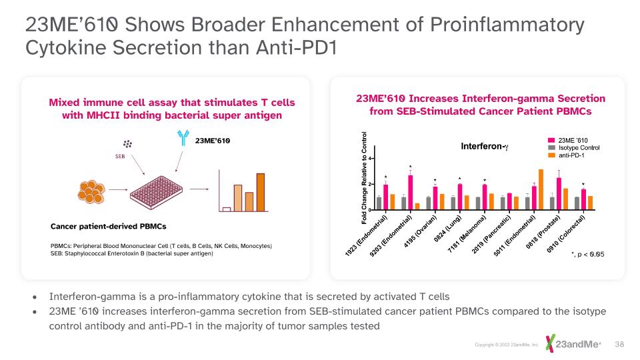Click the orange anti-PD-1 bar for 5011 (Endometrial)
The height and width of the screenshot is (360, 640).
click(x=541, y=189)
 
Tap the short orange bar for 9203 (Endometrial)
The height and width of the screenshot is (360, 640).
click(x=417, y=206)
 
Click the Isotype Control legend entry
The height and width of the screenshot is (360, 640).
click(x=575, y=147)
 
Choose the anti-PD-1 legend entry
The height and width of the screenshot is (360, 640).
click(x=571, y=155)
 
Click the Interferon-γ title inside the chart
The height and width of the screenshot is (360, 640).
click(x=485, y=146)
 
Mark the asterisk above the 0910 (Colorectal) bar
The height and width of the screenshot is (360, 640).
click(x=583, y=185)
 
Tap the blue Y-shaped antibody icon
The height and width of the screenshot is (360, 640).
click(x=183, y=137)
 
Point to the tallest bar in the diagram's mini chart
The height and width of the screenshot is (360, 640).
click(x=260, y=191)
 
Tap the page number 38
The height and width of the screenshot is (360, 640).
click(x=619, y=343)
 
